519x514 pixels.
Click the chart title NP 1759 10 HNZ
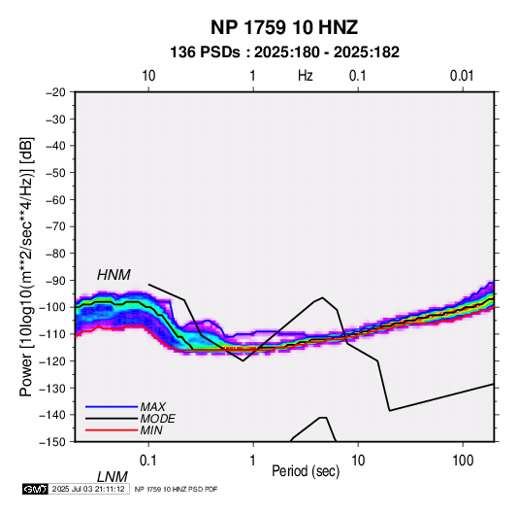[284, 27]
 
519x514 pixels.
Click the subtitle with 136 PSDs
[284, 52]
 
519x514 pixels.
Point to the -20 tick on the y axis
[55, 92]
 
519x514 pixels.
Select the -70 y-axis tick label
[55, 226]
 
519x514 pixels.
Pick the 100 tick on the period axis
[463, 461]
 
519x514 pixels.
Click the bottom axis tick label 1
[253, 461]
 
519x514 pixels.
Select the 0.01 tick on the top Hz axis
[462, 76]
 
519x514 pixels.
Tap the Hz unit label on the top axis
[306, 76]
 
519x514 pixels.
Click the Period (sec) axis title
[306, 471]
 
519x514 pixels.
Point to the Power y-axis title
[26, 267]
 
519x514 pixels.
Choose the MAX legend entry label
[153, 407]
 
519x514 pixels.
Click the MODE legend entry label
[157, 419]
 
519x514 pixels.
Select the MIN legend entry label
[151, 430]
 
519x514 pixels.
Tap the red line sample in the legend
[112, 430]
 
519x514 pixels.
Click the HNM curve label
[114, 275]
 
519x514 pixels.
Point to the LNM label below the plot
[113, 477]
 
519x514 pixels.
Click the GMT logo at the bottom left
[35, 489]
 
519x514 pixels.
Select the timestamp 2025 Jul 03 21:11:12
[88, 489]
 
